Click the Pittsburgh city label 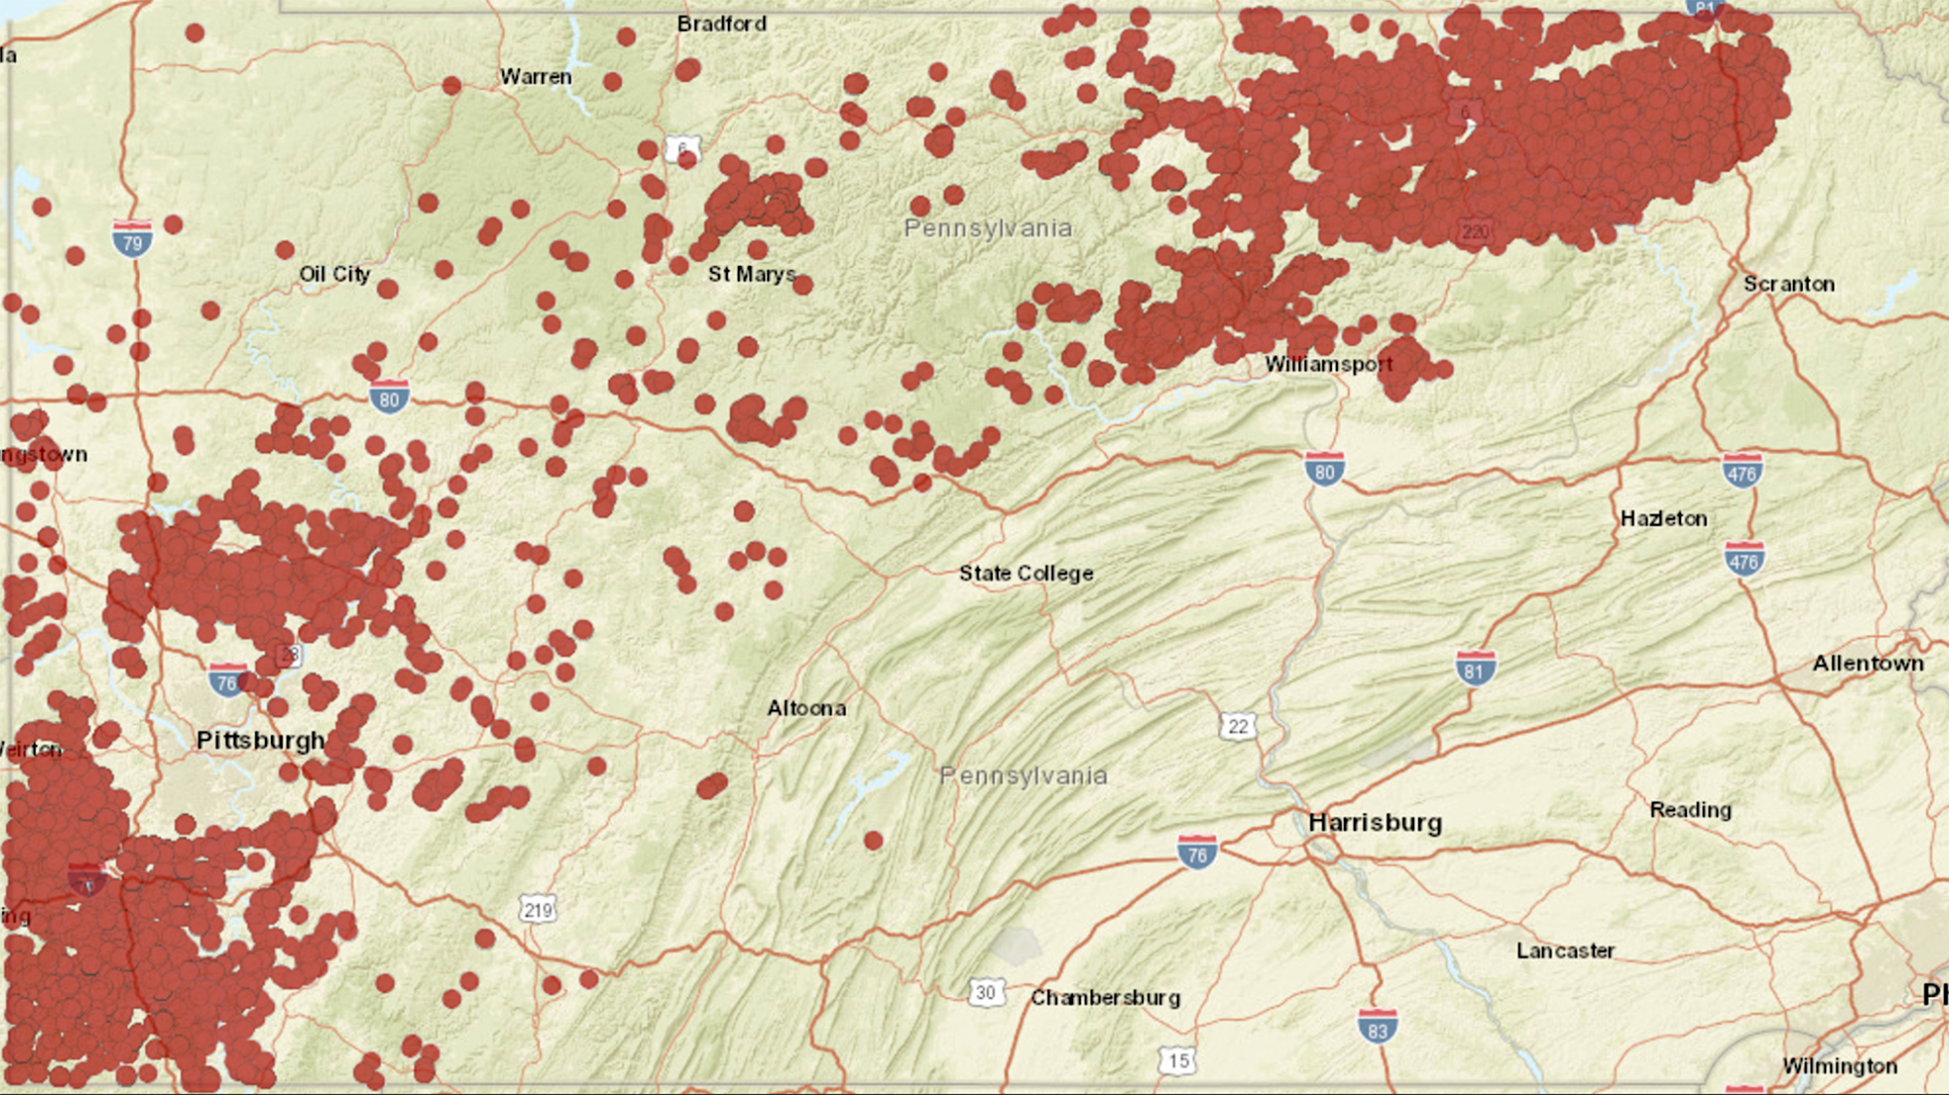[260, 740]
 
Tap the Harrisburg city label [1374, 823]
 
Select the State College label [1025, 573]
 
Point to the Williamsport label [1328, 364]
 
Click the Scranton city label [1788, 283]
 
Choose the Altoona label [806, 708]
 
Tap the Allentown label [1867, 663]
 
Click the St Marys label [751, 275]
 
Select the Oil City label [334, 274]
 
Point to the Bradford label [721, 23]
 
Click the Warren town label [535, 76]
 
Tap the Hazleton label [1662, 518]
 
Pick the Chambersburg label [1105, 998]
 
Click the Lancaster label [1565, 951]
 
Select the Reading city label [1690, 810]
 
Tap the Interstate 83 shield [1377, 1028]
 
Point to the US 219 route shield [538, 910]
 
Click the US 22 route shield [1238, 726]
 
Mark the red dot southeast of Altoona [873, 840]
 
